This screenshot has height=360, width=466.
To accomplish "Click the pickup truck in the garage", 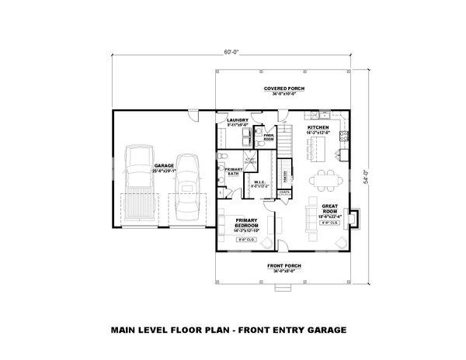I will click(x=138, y=188).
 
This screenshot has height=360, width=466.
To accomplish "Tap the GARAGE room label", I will click(x=163, y=166).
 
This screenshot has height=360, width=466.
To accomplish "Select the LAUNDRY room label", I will click(x=237, y=121).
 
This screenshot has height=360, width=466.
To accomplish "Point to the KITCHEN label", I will click(x=318, y=126).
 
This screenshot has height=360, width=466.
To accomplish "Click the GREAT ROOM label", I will click(x=329, y=207).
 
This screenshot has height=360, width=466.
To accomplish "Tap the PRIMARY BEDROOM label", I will click(x=247, y=222).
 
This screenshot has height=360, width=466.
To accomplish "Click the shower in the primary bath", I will click(x=250, y=161).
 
